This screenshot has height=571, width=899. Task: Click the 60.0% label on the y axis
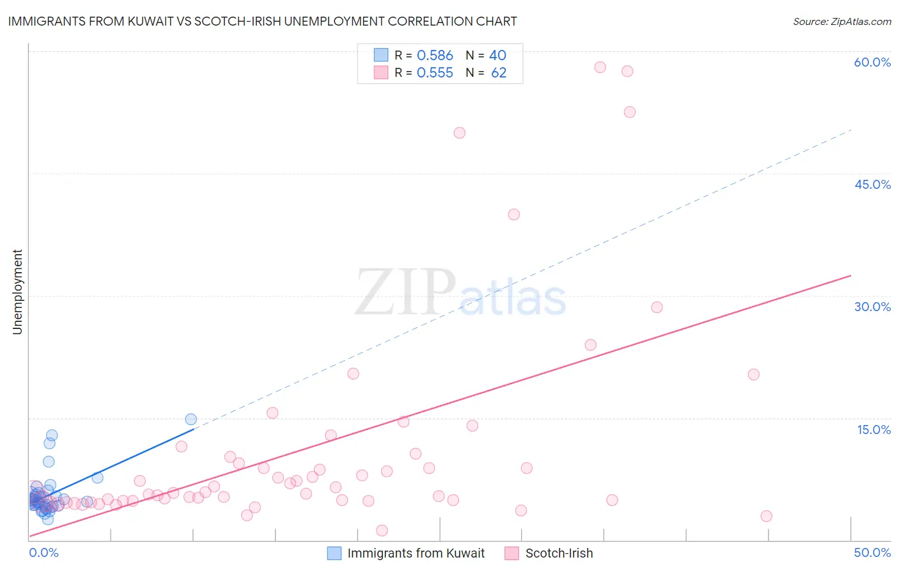(872, 62)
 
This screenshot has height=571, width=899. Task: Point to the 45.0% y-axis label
(872, 184)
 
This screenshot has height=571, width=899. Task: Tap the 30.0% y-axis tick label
(872, 307)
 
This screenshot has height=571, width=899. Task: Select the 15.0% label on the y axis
(873, 430)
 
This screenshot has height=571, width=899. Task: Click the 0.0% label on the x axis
(43, 552)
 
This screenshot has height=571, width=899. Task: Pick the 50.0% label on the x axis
(872, 552)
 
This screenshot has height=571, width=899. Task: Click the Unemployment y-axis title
(17, 292)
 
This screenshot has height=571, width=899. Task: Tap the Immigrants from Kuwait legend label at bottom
(416, 553)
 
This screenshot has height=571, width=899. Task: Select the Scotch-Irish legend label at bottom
(559, 553)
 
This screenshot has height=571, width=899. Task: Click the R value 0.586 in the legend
(435, 56)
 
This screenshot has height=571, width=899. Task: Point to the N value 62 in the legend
(499, 73)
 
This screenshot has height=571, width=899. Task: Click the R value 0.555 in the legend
(435, 73)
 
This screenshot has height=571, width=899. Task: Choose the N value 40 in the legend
(497, 56)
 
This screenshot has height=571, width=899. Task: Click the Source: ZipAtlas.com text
(841, 22)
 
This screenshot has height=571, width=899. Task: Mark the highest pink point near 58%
(600, 67)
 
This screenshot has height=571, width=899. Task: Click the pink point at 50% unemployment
(459, 133)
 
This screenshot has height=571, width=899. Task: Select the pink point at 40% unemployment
(513, 214)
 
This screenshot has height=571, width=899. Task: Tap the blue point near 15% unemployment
(191, 419)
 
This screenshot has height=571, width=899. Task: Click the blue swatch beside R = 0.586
(381, 55)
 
